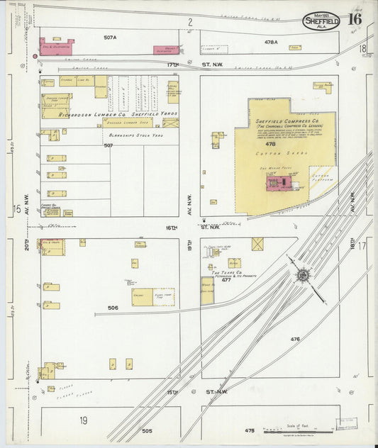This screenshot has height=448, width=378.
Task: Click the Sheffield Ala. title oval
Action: tap(321, 21)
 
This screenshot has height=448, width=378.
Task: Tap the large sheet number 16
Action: tap(354, 19)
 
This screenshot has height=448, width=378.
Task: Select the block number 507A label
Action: tap(109, 37)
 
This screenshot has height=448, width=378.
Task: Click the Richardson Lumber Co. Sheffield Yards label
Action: tap(110, 113)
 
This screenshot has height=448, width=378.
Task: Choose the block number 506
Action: tap(112, 308)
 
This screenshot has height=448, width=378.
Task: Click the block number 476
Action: tap(295, 339)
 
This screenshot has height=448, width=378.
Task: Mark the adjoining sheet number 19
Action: tap(83, 420)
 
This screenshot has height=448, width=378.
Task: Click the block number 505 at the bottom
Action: tap(147, 430)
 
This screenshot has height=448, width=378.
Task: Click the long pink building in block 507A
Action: tap(56, 47)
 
